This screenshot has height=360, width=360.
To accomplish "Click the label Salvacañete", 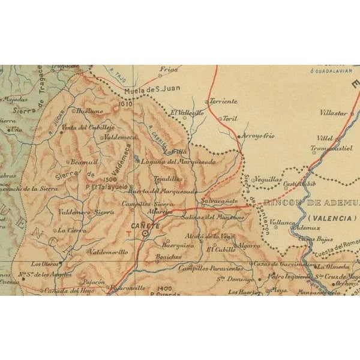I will click(x=220, y=200).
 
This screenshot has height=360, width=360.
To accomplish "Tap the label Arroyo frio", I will click(x=259, y=136).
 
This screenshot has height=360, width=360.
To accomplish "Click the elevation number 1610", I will click(x=125, y=103).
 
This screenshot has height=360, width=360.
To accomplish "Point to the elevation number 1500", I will click(x=109, y=178).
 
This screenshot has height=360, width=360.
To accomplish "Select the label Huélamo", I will click(x=89, y=111).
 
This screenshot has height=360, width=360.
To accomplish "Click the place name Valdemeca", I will click(x=120, y=137).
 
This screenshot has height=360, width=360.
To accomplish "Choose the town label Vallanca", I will click(x=281, y=222).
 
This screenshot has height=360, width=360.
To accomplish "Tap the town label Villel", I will click(x=325, y=138).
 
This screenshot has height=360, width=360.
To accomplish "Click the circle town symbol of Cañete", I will click(x=146, y=235).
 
